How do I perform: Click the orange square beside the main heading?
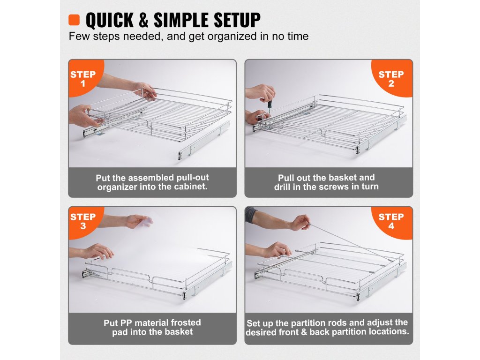pyautogui.click(x=74, y=20)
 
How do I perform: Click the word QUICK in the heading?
pyautogui.click(x=110, y=21)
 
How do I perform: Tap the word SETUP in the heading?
pyautogui.click(x=237, y=21)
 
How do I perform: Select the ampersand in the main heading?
pyautogui.click(x=143, y=21)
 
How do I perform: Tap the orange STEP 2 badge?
pyautogui.click(x=391, y=79)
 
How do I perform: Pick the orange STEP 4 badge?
pyautogui.click(x=391, y=221)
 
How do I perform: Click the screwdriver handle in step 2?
pyautogui.click(x=270, y=105)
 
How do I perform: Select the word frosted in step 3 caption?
pyautogui.click(x=186, y=322)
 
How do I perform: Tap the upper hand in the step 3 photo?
pyautogui.click(x=139, y=221)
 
